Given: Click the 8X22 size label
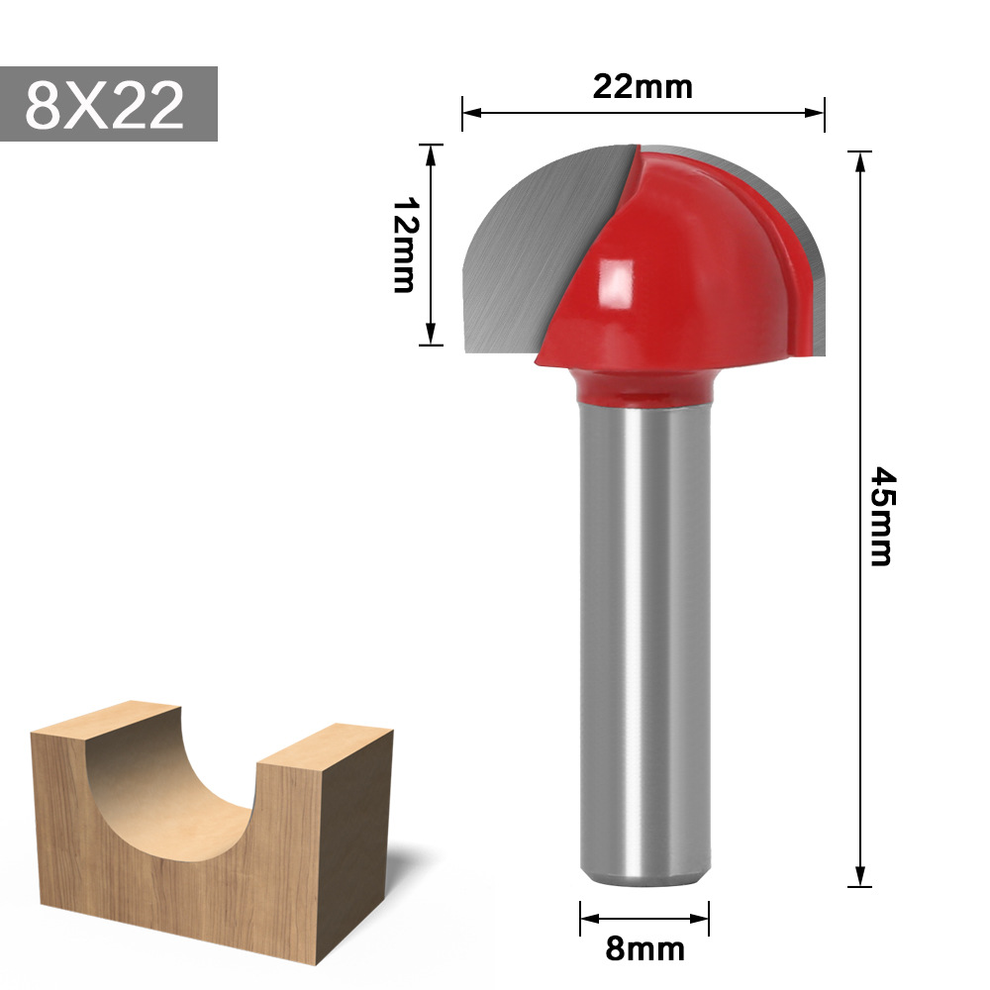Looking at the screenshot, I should (106, 105).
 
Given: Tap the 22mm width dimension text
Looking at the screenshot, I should (643, 87).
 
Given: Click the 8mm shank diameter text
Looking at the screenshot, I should (644, 948).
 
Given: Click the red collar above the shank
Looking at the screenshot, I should (644, 388).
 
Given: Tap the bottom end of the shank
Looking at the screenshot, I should (644, 875).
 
